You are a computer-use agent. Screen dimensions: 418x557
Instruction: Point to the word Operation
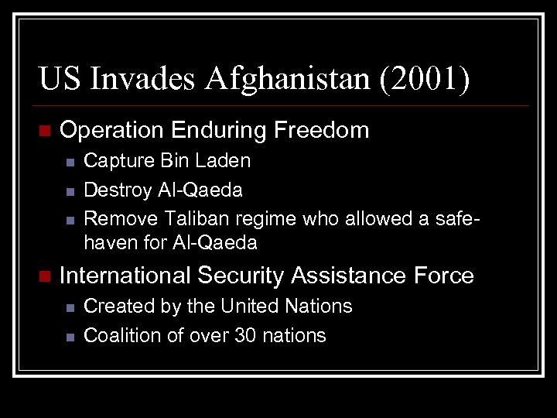(112, 130)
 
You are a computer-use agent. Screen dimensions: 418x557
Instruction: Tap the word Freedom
(321, 130)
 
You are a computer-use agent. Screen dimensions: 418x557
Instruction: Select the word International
(125, 276)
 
